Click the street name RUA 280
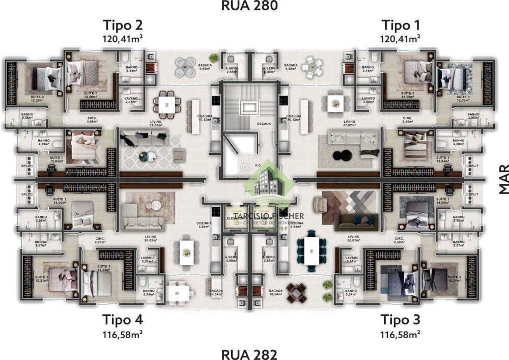pyautogui.click(x=249, y=6)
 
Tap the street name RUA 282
pyautogui.click(x=249, y=354)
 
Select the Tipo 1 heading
pyautogui.click(x=401, y=25)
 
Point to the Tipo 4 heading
pyautogui.click(x=123, y=320)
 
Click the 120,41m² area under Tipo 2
pyautogui.click(x=123, y=38)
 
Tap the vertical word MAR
pyautogui.click(x=503, y=179)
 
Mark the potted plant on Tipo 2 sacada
pyautogui.click(x=214, y=58)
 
